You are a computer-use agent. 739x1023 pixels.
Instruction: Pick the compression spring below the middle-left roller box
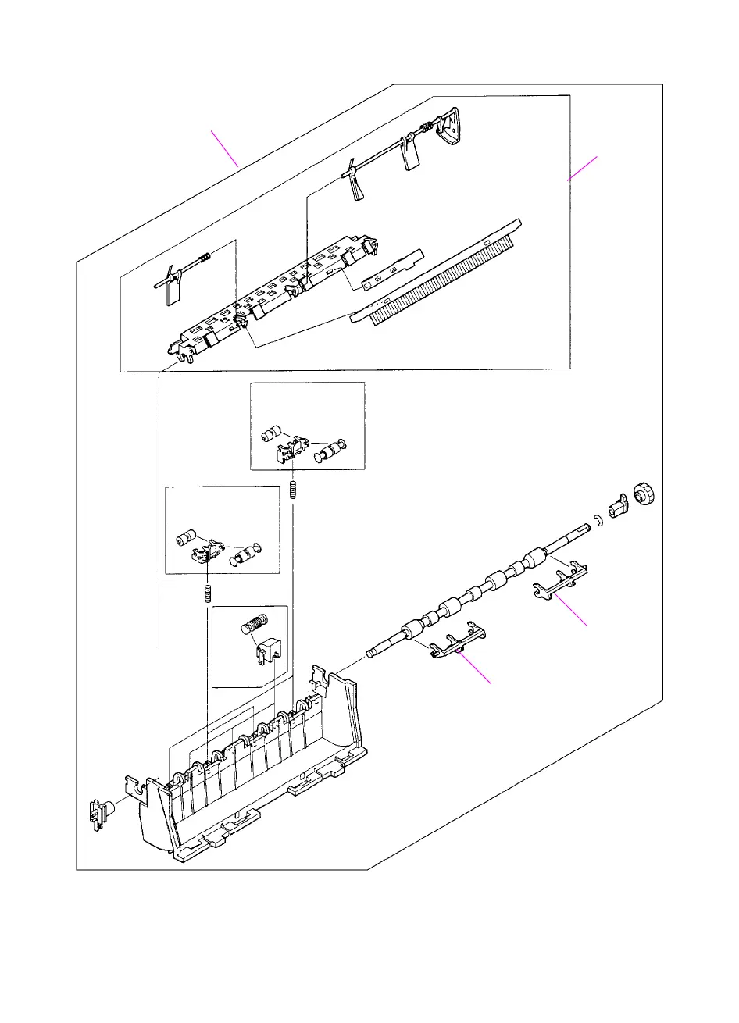[208, 593]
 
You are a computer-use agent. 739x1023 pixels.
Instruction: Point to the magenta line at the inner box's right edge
[582, 169]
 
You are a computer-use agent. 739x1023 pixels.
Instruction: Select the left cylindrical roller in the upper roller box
[270, 433]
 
